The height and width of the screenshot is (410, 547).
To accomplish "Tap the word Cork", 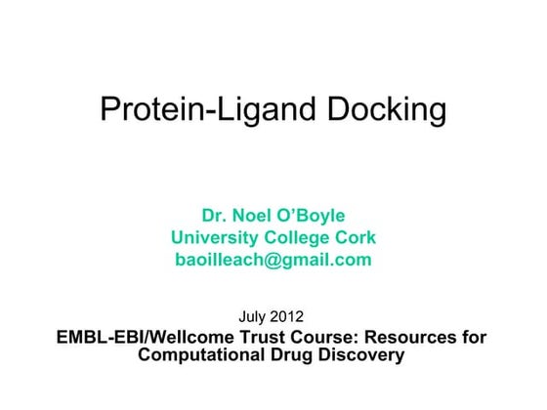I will [356, 238].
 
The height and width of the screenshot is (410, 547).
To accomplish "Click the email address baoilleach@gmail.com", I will [273, 261].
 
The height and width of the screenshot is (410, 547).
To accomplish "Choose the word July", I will [255, 317].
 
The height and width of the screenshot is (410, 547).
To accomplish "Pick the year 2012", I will [290, 317].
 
